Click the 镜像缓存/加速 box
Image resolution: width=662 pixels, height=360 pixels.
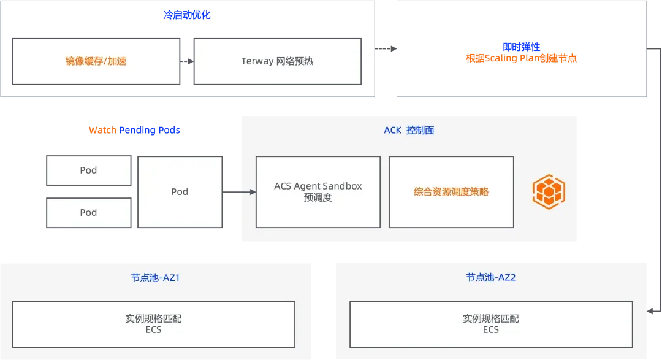pyautogui.click(x=96, y=61)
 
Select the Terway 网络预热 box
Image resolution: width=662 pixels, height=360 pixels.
pyautogui.click(x=277, y=61)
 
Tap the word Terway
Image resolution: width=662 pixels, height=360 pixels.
pyautogui.click(x=257, y=61)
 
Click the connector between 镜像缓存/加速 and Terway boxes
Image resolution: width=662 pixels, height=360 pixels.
pyautogui.click(x=186, y=61)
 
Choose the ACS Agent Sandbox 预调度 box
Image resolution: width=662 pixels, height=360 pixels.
pyautogui.click(x=318, y=191)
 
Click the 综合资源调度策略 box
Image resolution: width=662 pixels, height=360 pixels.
pyautogui.click(x=451, y=191)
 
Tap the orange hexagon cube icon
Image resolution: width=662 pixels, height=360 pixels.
pyautogui.click(x=549, y=192)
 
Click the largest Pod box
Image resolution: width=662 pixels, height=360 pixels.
pyautogui.click(x=180, y=191)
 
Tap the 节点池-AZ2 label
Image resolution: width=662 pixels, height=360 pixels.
pyautogui.click(x=490, y=277)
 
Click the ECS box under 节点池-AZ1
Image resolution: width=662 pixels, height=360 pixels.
pyautogui.click(x=153, y=324)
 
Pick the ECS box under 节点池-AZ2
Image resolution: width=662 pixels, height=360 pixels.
pyautogui.click(x=490, y=324)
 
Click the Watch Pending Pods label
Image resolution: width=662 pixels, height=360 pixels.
pyautogui.click(x=135, y=131)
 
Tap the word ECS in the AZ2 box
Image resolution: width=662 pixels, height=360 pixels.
pyautogui.click(x=490, y=330)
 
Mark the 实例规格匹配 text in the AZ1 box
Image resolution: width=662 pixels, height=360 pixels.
pyautogui.click(x=153, y=318)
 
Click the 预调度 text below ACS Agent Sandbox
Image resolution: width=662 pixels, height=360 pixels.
pyautogui.click(x=318, y=197)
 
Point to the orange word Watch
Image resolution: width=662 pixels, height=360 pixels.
pyautogui.click(x=102, y=131)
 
